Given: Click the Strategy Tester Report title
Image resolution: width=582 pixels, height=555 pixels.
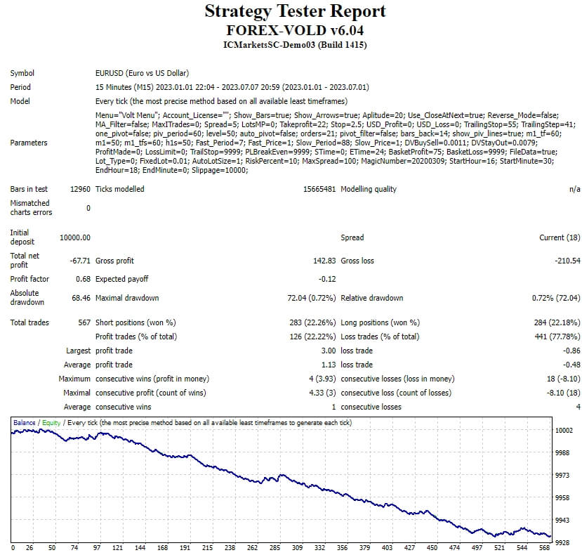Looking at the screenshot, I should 295,12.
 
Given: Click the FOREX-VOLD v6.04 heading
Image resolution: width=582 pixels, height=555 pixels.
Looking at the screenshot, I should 295,30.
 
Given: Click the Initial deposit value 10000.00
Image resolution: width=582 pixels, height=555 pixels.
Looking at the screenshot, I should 75,237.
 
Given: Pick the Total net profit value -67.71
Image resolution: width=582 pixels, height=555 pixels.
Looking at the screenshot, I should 78,261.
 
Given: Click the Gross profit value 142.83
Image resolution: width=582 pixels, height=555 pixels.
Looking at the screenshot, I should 324,261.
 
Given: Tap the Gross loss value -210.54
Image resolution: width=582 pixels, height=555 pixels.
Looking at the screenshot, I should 567,261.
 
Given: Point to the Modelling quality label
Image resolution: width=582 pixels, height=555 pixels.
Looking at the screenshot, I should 369,189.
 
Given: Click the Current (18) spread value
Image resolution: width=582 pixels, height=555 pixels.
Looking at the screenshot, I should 560,237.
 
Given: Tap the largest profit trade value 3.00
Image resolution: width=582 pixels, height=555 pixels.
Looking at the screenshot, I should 329,351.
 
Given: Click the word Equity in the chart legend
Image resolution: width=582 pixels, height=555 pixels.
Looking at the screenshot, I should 51,423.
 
